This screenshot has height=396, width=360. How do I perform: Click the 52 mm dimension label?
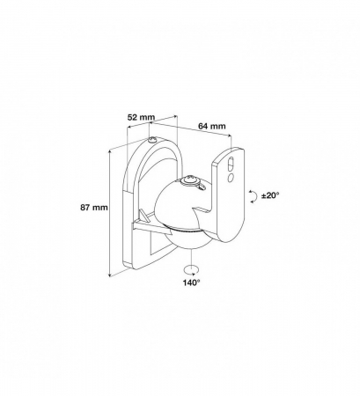[x=141, y=116]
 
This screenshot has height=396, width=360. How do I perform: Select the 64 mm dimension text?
[x=209, y=126]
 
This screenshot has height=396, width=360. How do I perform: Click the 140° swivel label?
[x=192, y=284]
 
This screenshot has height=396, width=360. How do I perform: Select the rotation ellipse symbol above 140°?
[x=191, y=268]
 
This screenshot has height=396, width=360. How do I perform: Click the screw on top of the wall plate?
[x=153, y=141]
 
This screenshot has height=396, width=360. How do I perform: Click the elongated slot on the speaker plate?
[x=231, y=164]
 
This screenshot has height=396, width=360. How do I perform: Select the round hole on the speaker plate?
[x=231, y=178]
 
